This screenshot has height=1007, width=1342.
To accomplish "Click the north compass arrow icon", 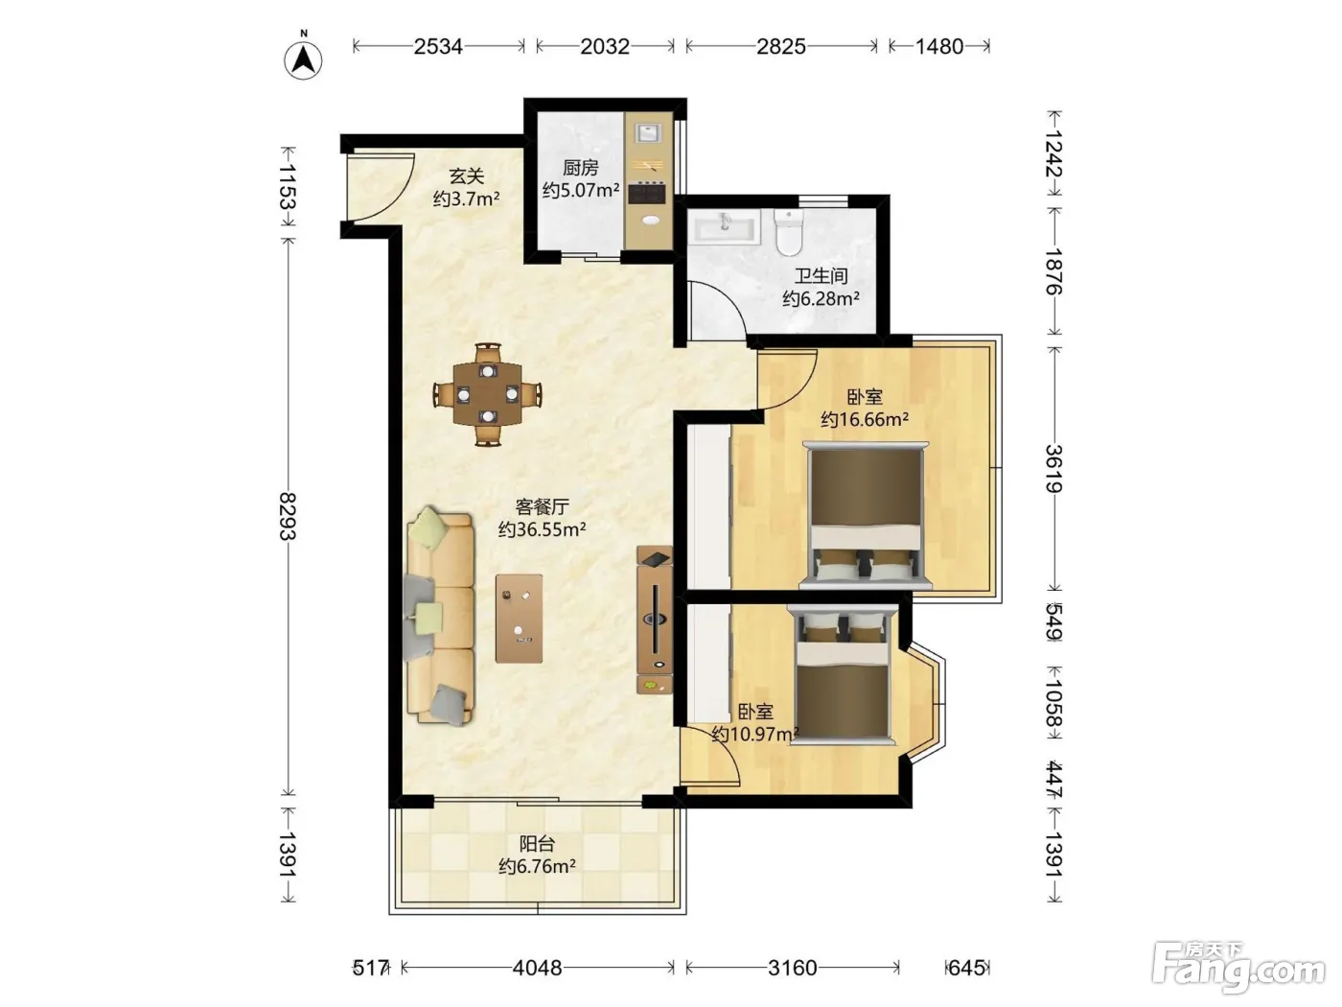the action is point(303,60).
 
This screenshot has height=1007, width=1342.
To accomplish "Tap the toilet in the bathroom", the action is point(788,233).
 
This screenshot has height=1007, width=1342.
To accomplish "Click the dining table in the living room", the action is point(487,394).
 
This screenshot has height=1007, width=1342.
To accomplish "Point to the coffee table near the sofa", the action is point(520,618).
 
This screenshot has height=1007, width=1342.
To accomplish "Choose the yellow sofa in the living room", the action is point(440,617).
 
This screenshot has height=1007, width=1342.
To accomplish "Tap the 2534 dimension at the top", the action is point(438,46).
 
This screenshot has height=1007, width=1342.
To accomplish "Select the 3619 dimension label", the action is point(1053,469).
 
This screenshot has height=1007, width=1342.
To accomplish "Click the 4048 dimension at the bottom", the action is point(537,968).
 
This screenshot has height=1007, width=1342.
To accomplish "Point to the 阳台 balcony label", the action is point(537,844).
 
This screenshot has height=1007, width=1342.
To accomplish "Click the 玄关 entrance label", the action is point(467,176).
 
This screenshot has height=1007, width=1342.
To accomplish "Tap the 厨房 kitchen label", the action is point(580,168).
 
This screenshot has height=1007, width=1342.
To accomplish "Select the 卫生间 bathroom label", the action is point(821,276).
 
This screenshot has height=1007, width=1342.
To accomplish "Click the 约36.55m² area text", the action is point(542,529).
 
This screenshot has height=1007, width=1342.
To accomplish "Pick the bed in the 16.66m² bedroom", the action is point(866,515).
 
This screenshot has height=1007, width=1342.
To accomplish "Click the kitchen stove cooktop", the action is point(647,193).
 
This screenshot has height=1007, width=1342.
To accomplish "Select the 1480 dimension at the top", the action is point(939,46).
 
